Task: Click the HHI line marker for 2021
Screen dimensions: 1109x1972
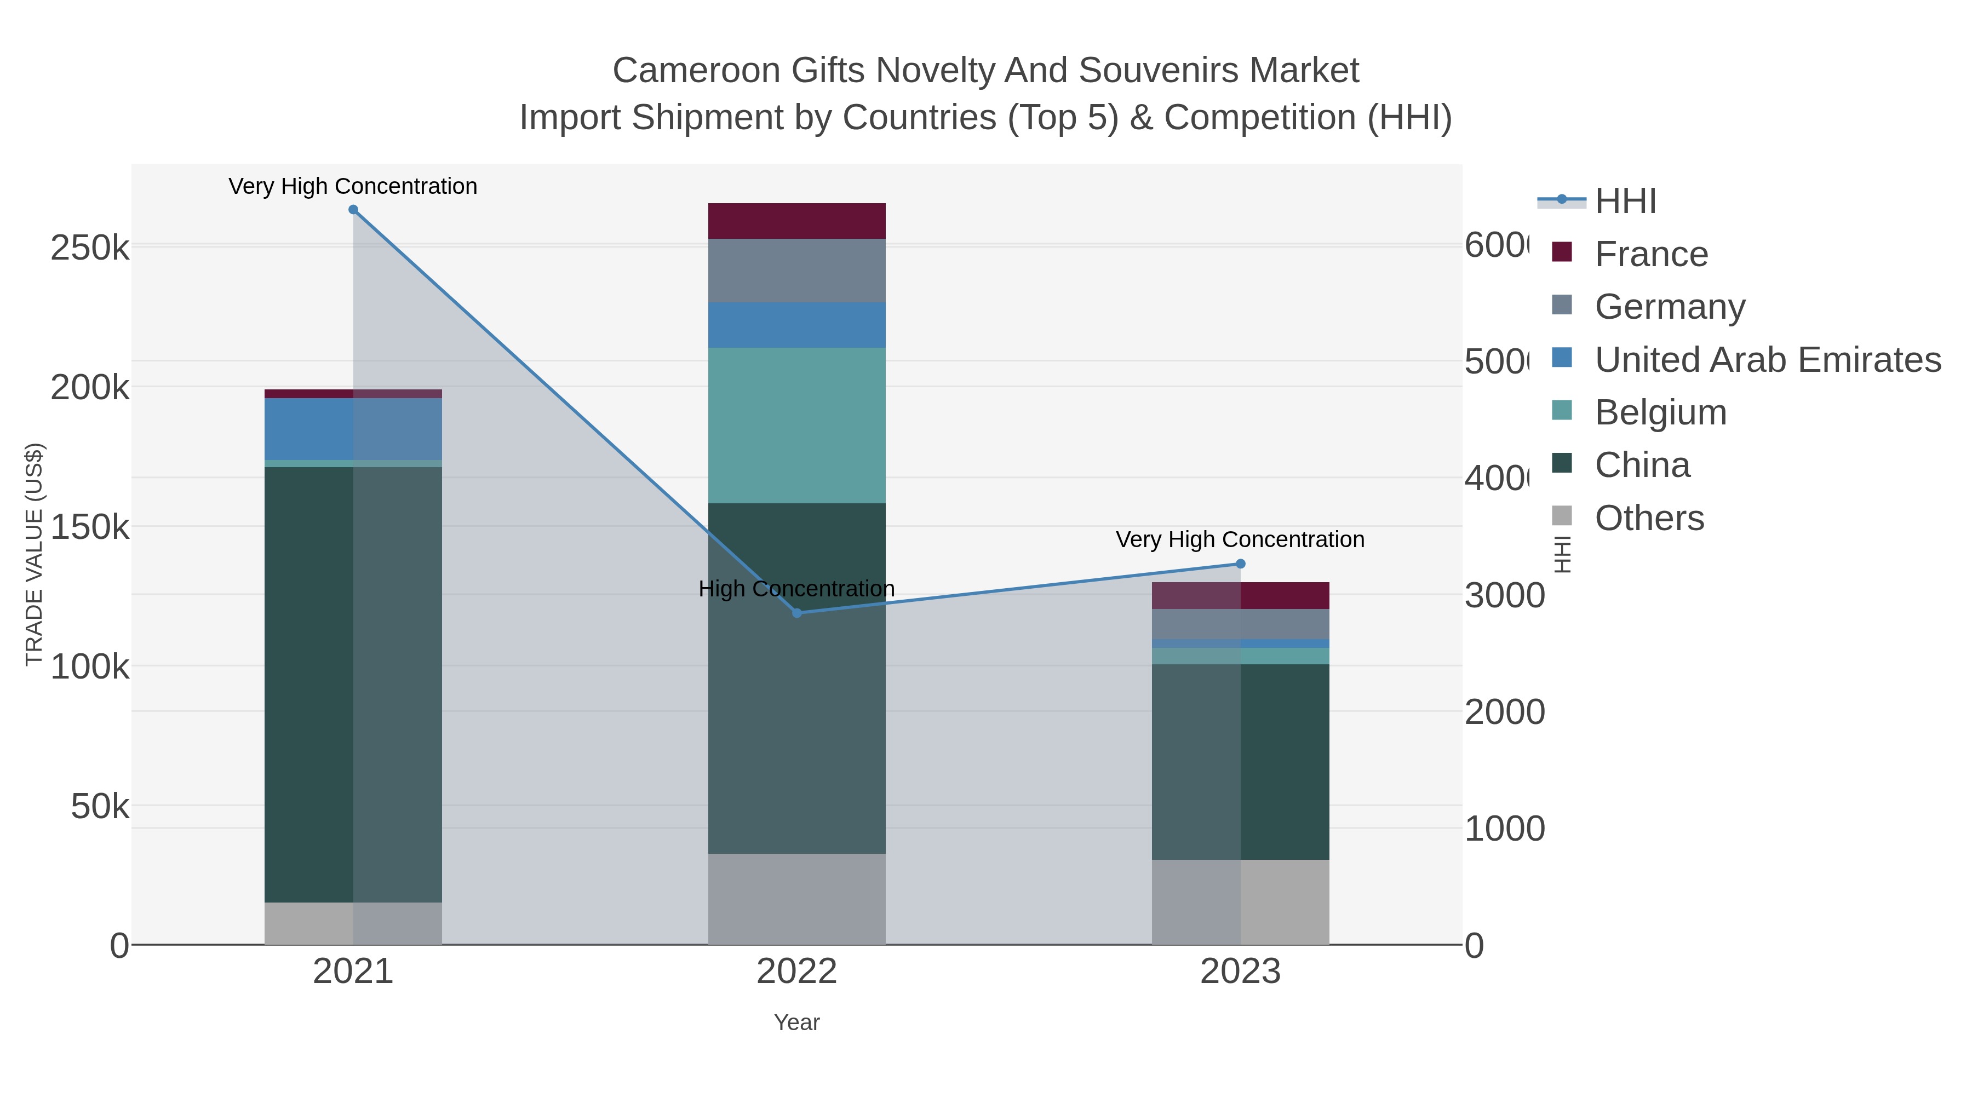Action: click(353, 210)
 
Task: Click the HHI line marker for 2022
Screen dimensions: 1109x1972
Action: click(797, 613)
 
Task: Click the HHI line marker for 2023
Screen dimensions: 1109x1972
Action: click(1240, 564)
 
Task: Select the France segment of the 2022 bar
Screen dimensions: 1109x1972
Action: click(797, 221)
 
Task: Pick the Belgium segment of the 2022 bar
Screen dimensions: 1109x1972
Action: click(797, 426)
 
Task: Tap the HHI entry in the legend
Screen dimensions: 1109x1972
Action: click(1625, 202)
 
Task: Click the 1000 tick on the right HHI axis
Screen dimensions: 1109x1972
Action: click(1504, 829)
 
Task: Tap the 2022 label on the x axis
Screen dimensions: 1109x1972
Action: click(797, 972)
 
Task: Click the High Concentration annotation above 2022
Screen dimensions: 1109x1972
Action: click(797, 589)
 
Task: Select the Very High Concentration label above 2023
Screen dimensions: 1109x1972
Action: click(1240, 539)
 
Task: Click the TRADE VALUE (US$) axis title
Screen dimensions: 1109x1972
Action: click(35, 554)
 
